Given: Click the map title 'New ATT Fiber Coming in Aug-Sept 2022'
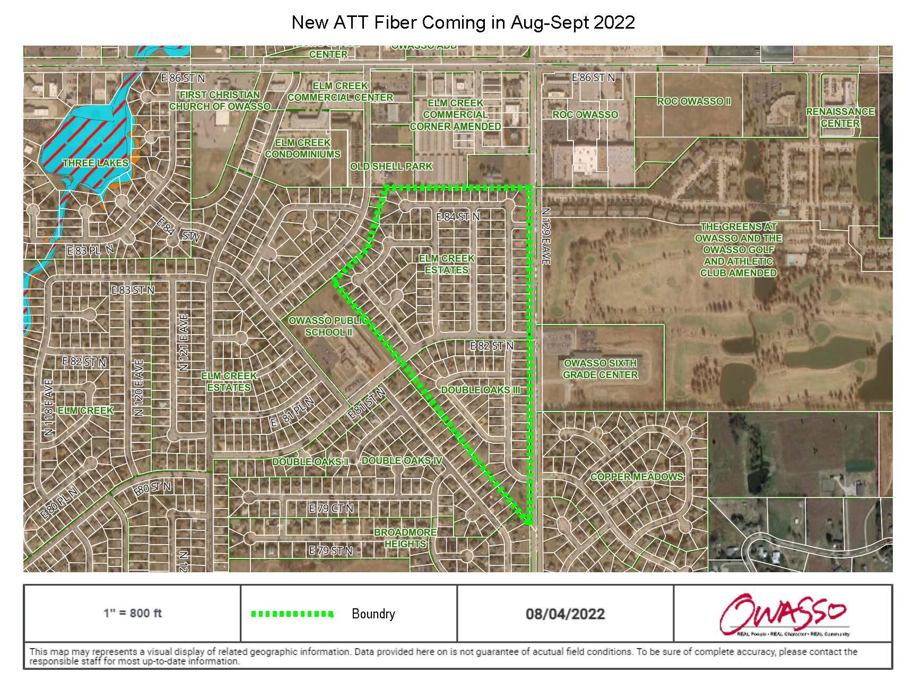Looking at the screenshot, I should coord(463,22).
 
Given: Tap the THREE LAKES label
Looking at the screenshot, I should coord(95,163).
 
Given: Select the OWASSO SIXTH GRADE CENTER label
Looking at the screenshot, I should coord(600,369).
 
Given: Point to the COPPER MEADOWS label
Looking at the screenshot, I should coord(637,477).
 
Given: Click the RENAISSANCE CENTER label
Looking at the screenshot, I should coord(840,117).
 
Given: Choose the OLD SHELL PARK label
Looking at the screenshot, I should coord(391,167).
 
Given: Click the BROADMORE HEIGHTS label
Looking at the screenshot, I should coord(405,538).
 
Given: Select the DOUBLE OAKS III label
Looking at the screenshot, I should coord(481,390).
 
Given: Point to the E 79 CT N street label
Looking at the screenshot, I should coord(331,509).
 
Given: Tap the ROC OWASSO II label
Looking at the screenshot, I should coord(694,101).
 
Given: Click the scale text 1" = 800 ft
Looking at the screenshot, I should coord(132,614).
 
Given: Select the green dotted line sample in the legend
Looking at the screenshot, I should coord(292,614).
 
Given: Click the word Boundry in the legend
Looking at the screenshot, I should coord(373,614).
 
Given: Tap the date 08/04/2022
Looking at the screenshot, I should coord(565,614).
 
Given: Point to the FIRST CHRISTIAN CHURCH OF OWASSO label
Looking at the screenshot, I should coord(220,100).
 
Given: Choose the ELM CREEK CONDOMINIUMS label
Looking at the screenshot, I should coord(302,148).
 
